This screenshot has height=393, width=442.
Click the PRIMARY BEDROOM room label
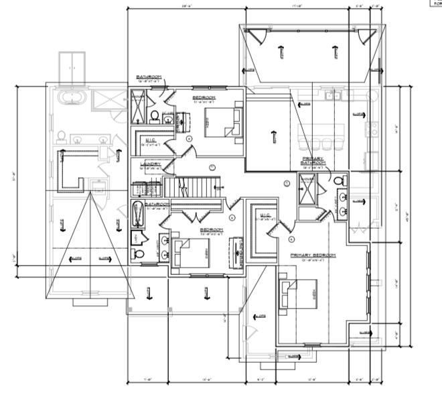click(x=313, y=256)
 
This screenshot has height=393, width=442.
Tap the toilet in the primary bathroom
click(x=340, y=182)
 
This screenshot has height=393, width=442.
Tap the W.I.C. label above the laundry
click(x=151, y=140)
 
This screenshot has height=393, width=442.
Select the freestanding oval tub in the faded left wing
click(x=72, y=100)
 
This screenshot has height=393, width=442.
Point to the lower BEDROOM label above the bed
click(x=211, y=229)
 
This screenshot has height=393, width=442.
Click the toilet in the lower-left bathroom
click(x=139, y=254)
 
